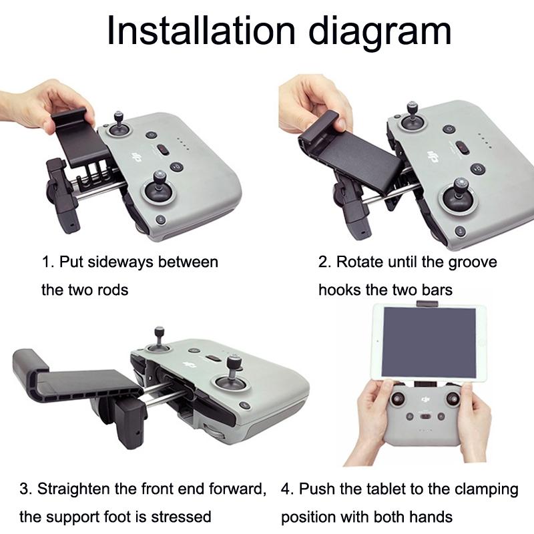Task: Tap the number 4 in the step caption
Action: tap(286, 489)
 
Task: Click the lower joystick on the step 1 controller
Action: tap(161, 186)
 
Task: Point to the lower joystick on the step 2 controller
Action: tap(459, 194)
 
